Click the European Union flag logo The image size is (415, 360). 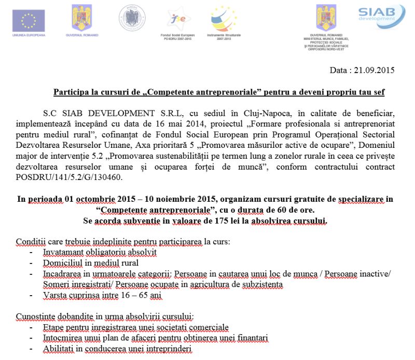(29, 20)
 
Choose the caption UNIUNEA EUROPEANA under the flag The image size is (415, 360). (29, 35)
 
